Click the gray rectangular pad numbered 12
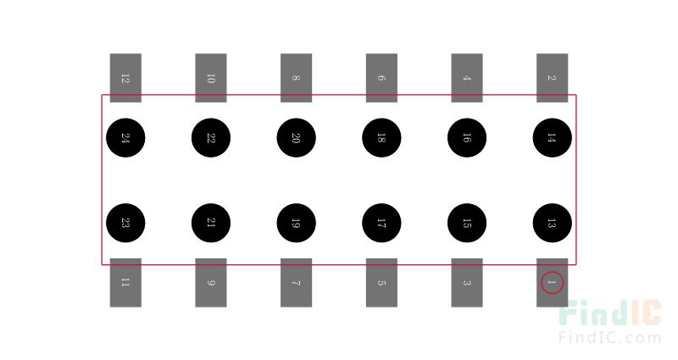click(125, 78)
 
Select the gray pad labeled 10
click(211, 78)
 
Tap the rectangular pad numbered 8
click(296, 78)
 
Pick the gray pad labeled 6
click(381, 78)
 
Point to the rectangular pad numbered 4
click(467, 78)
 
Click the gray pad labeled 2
click(553, 78)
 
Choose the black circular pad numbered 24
click(125, 138)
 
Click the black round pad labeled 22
click(211, 138)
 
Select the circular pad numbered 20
click(296, 138)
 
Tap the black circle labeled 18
click(381, 138)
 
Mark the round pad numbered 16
click(467, 138)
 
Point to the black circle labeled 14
click(553, 138)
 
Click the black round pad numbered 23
click(125, 223)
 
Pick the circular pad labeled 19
click(296, 223)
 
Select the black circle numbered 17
click(381, 223)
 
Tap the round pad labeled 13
click(553, 223)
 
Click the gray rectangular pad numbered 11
click(125, 283)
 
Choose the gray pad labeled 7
click(296, 283)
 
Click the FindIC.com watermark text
click(609, 337)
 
